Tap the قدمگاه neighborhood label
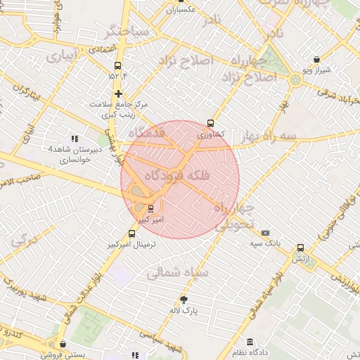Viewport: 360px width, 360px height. pos(146,133)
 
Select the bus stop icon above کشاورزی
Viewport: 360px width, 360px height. pos(211,122)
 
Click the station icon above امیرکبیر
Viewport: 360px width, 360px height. pos(150,208)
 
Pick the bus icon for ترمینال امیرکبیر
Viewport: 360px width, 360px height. pos(131,233)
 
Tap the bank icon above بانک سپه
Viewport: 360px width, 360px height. pos(265,233)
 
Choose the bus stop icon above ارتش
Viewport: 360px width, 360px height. pos(301,247)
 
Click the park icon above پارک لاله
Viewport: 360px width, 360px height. pos(184,299)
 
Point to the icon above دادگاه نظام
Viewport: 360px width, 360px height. pos(249,342)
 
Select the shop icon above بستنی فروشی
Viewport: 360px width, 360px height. pos(64,344)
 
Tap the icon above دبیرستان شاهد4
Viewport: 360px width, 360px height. pos(75,139)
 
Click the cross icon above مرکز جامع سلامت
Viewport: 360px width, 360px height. pos(118,93)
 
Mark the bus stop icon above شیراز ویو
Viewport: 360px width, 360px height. pos(316,60)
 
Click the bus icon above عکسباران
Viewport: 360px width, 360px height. pos(180,1)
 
